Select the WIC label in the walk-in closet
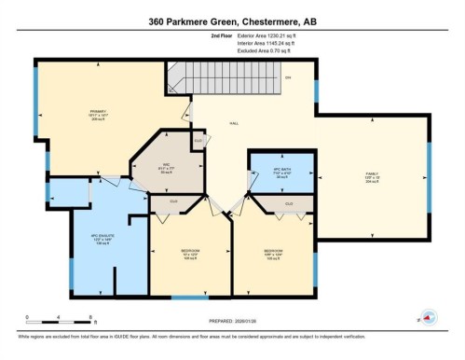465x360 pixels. tap(165, 166)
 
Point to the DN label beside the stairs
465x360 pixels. tap(288, 76)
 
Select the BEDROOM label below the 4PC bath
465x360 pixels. tap(274, 250)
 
